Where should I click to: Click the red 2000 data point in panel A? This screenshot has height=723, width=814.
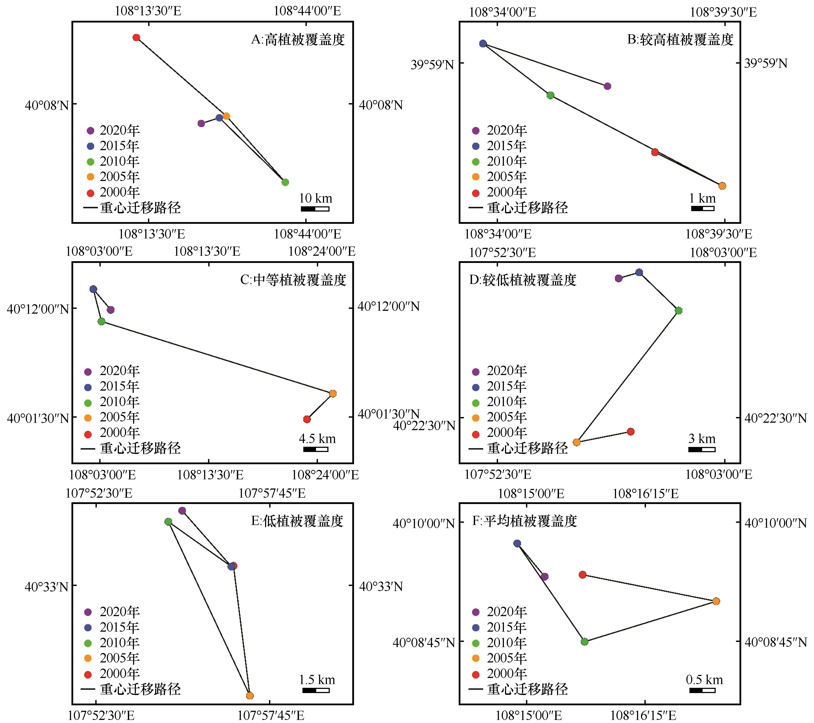[x=136, y=37]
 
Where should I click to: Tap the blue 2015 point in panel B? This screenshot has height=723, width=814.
[x=483, y=43]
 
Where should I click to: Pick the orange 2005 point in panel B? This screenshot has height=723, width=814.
[x=722, y=186]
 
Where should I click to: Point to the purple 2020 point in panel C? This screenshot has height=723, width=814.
[x=111, y=309]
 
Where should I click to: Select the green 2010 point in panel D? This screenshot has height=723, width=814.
[x=679, y=310]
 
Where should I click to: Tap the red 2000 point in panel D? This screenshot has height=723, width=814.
[x=630, y=431]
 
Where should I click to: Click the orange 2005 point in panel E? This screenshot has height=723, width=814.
[x=250, y=695]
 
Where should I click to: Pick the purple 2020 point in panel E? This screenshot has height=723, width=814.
[x=182, y=511]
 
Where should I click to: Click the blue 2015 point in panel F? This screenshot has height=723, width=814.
[x=517, y=543]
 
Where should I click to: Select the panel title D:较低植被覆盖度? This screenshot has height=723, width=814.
[x=522, y=280]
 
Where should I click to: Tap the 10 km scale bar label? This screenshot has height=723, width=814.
[x=315, y=198]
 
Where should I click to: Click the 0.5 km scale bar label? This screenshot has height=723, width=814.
[x=704, y=680]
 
